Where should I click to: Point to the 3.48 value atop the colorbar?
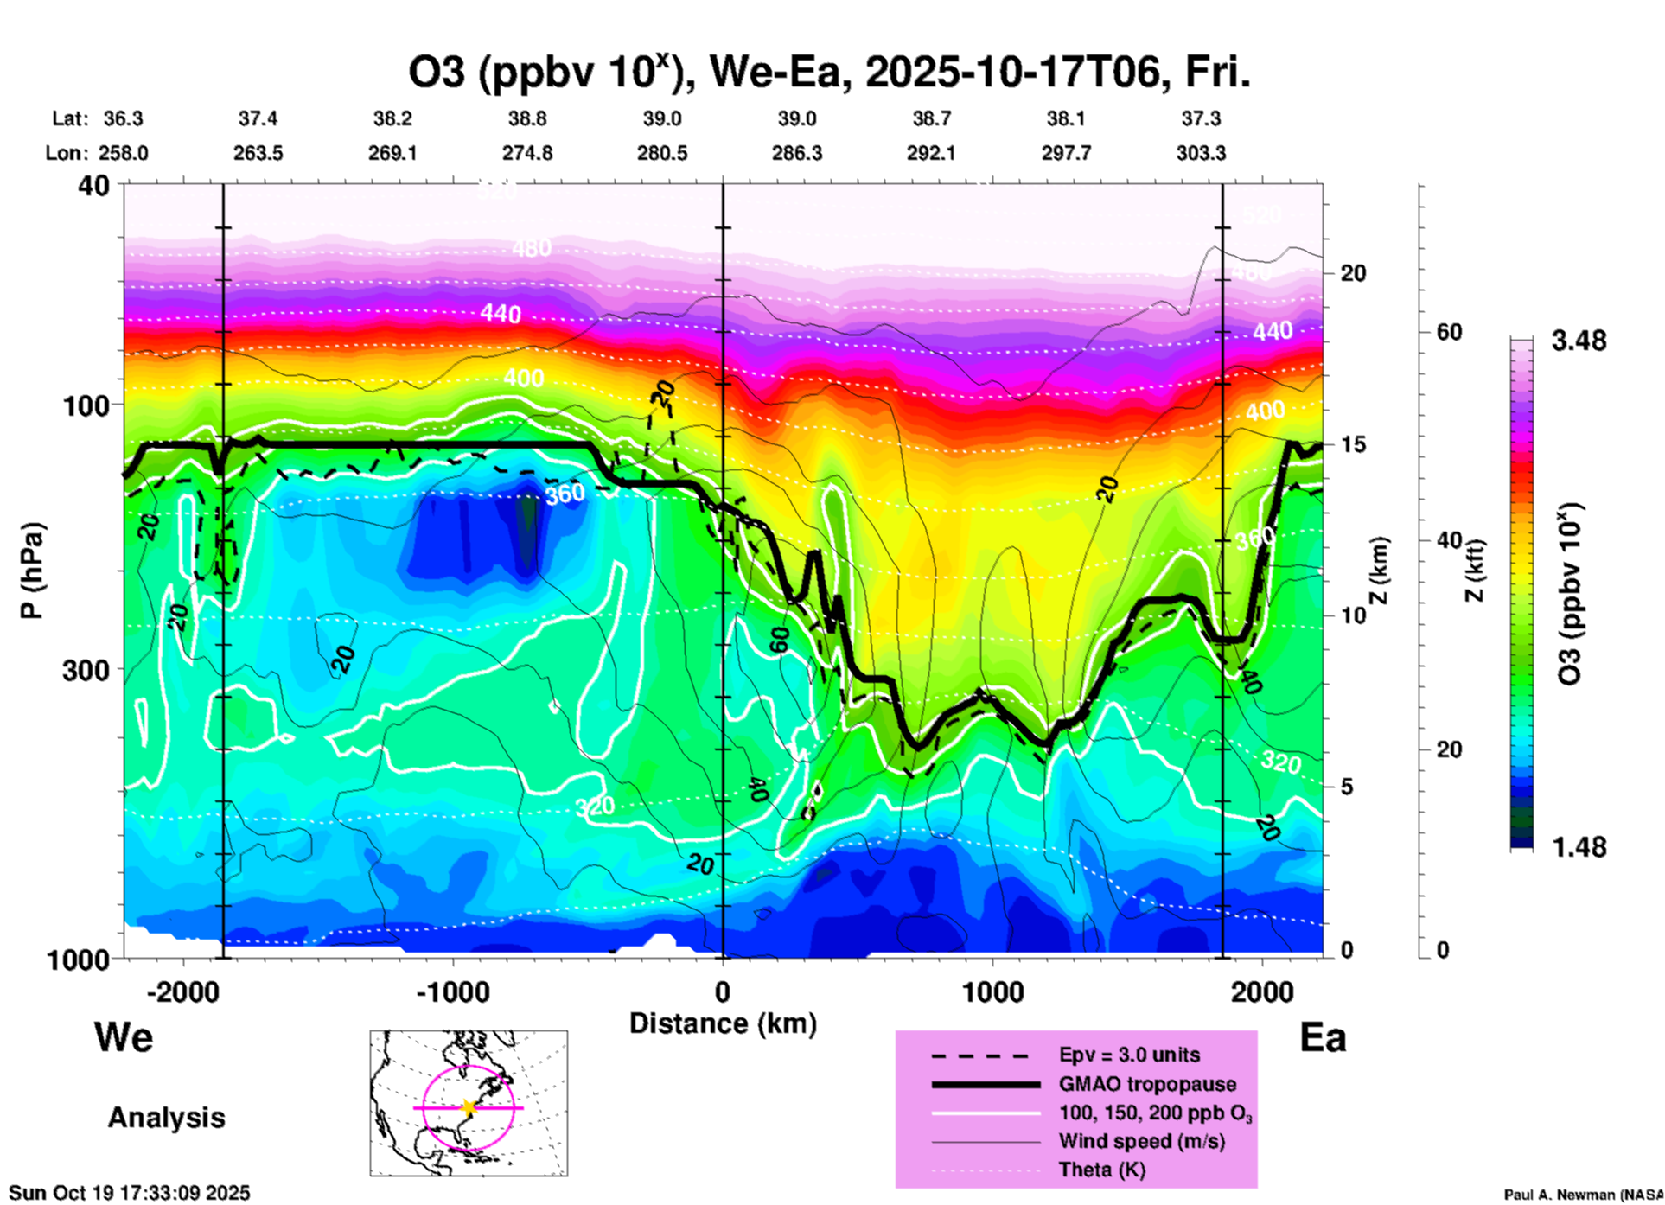pos(1579,341)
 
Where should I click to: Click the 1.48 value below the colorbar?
pos(1579,846)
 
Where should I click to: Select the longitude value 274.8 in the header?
pos(527,154)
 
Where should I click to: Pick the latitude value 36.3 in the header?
pos(123,118)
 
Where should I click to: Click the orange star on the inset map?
pos(469,1107)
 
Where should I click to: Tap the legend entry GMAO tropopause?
pos(1147,1084)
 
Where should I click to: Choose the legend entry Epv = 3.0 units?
pos(1129,1055)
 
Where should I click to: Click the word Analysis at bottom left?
pos(166,1117)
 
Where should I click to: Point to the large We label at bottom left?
pos(124,1036)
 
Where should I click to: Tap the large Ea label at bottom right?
pos(1323,1037)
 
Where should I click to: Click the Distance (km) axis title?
pos(723,1023)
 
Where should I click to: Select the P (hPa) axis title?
pos(32,570)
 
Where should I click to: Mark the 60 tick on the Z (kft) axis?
pos(1449,332)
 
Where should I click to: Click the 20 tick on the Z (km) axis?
pos(1353,273)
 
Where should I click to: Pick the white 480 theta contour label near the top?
pos(532,249)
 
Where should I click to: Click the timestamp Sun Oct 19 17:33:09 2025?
pos(130,1193)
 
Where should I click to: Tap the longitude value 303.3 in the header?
pos(1201,154)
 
